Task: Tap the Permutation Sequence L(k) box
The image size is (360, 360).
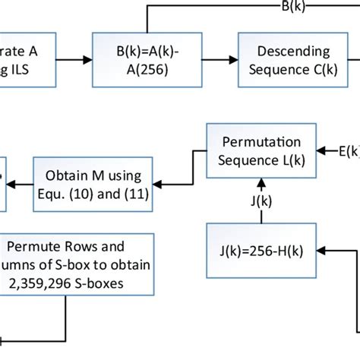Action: [x=261, y=151]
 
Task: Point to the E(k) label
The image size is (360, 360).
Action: [x=348, y=151]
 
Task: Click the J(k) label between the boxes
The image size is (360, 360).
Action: [x=261, y=201]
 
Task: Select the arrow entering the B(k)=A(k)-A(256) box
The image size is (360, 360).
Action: [x=71, y=59]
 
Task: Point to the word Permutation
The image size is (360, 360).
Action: [x=261, y=142]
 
